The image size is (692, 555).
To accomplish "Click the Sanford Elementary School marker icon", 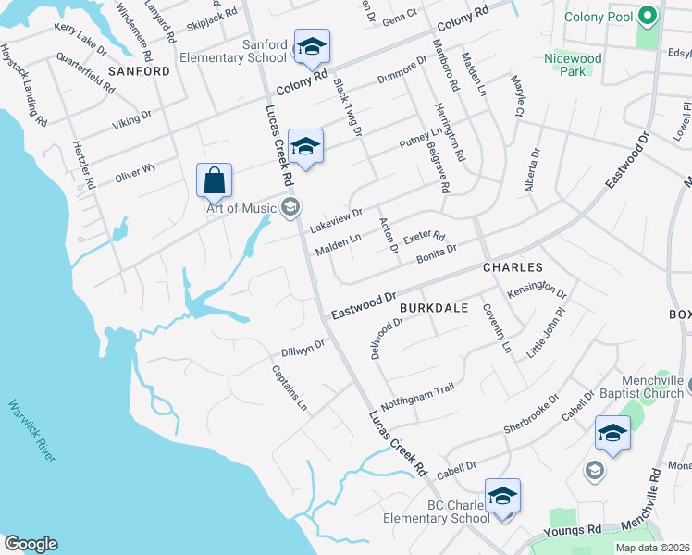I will tap(312, 47).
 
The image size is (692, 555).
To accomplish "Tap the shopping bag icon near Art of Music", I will tap(214, 180).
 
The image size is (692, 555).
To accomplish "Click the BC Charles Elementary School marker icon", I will tap(502, 496).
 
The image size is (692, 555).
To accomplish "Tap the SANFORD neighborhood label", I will tap(140, 71).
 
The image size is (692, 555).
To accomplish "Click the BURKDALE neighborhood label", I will tap(434, 306).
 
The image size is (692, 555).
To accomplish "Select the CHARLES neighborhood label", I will tap(511, 267).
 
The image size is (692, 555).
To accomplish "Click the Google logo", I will tap(31, 544).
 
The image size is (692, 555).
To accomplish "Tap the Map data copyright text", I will tap(653, 548).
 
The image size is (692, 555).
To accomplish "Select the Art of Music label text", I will tap(241, 208).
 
